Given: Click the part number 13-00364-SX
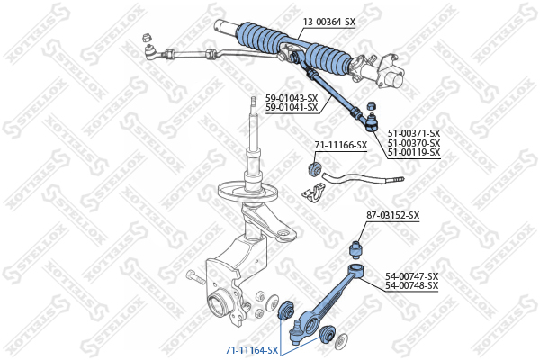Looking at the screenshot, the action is coord(328,22).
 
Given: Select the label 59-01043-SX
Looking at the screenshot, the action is coord(292,98).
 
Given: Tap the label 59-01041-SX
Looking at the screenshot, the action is coord(292,108).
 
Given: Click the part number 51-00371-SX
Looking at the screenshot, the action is coord(414,133).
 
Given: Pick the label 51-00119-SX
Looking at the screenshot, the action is coord(414,152).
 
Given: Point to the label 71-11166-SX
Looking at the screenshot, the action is coord(341,146).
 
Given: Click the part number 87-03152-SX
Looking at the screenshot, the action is coord(393,216).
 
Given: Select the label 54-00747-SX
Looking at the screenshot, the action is coord(412,276).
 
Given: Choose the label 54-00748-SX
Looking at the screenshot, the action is coord(412,285).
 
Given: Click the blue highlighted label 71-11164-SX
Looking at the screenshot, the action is coord(252,350).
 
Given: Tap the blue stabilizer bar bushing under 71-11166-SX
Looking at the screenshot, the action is coord(314,168).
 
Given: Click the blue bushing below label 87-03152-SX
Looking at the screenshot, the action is coord(356,250).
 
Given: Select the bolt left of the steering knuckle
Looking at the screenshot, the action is coord(195,277).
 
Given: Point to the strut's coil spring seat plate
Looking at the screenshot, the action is coord(247,192).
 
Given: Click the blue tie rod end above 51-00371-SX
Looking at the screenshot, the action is coord(371,123).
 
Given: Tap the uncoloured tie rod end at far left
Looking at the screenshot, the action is coord(150,52).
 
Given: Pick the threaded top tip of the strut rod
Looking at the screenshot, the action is coord(254,103).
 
